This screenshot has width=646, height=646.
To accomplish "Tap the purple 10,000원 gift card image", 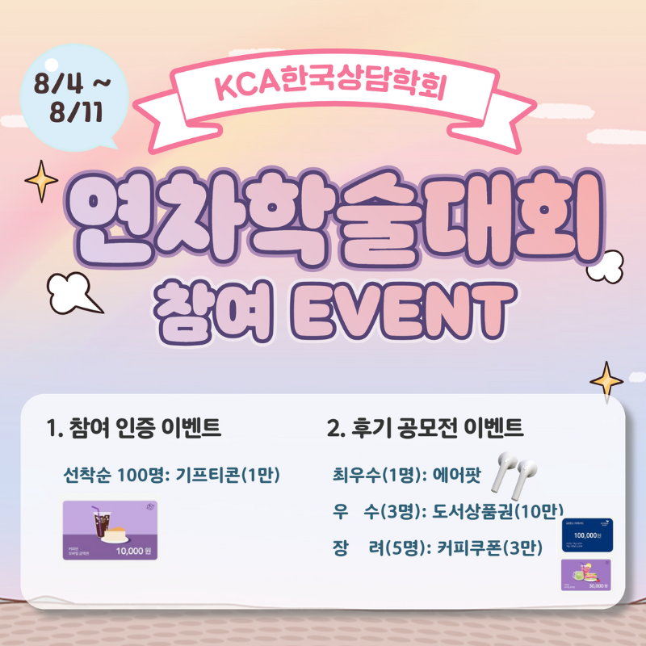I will point(111,530).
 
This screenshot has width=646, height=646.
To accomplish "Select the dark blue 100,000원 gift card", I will point(586,535).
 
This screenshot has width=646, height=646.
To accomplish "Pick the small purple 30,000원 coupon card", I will point(586,575).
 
